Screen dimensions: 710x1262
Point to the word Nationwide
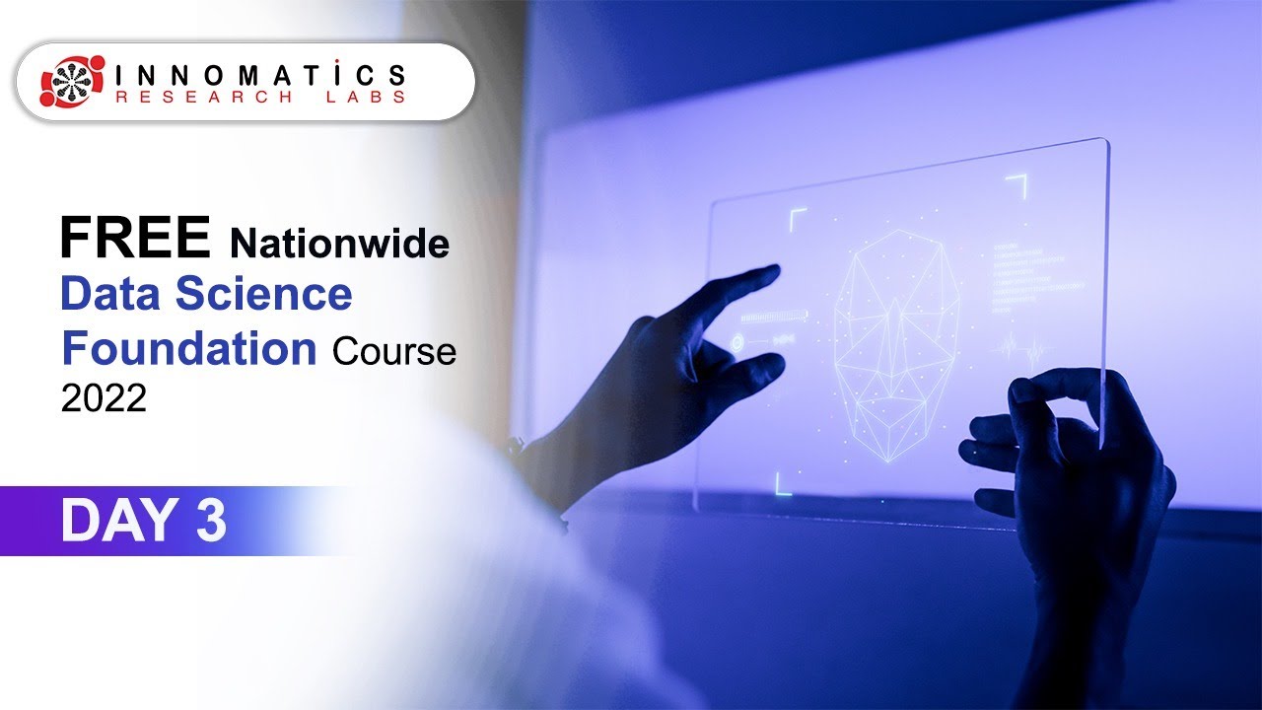click(x=339, y=243)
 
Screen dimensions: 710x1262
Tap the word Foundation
click(x=188, y=348)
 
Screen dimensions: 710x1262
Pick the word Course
click(x=394, y=351)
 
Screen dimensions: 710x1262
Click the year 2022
click(x=104, y=397)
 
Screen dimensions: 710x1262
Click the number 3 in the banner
click(x=211, y=521)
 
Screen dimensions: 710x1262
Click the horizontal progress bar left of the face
click(x=773, y=317)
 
